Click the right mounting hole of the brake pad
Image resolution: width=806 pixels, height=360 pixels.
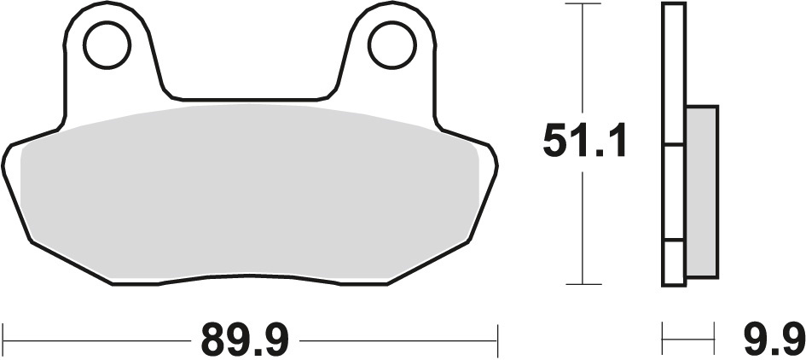click(x=391, y=45)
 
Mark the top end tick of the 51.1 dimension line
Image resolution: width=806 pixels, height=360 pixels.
click(x=582, y=4)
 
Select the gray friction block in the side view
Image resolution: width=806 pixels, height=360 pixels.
click(x=701, y=191)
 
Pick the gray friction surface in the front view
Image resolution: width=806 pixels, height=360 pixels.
click(x=247, y=192)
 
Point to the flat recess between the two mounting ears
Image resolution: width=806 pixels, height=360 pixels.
click(x=248, y=96)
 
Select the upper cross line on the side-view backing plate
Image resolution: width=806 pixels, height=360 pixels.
click(x=674, y=144)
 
